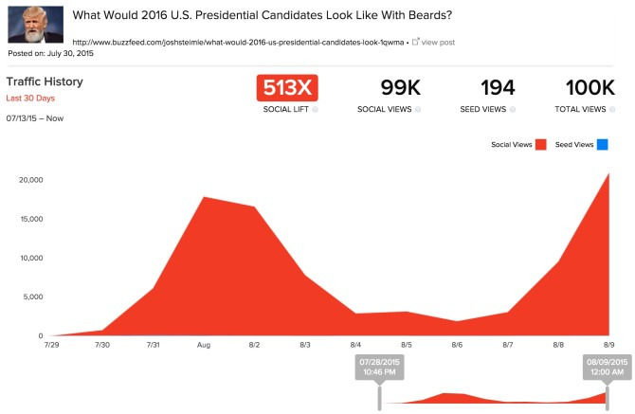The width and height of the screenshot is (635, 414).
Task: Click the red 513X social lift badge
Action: [287, 88]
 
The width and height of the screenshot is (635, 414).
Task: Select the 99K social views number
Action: [401, 88]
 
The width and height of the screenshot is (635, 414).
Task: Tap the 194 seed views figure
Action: [498, 88]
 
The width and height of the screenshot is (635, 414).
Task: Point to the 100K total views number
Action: [590, 88]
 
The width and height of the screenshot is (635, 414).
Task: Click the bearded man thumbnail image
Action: [36, 25]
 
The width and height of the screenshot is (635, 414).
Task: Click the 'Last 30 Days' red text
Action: [30, 98]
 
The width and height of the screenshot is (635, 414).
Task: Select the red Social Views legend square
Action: [540, 145]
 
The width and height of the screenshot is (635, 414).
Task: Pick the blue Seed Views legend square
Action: [602, 145]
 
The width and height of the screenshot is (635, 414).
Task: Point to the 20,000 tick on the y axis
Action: [30, 180]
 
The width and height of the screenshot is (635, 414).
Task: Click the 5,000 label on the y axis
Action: [33, 297]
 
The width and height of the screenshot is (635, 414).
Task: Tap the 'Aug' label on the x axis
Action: [204, 345]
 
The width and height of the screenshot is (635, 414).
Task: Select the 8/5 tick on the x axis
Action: [407, 345]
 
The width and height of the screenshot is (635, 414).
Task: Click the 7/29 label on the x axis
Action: [51, 345]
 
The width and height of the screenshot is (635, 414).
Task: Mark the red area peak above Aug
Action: [204, 197]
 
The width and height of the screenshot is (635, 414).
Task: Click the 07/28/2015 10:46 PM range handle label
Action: [379, 367]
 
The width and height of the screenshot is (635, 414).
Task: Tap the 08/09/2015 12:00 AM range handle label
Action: [608, 367]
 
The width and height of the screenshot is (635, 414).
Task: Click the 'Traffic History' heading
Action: [45, 81]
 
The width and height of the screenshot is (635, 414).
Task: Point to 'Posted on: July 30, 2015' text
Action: [50, 53]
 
